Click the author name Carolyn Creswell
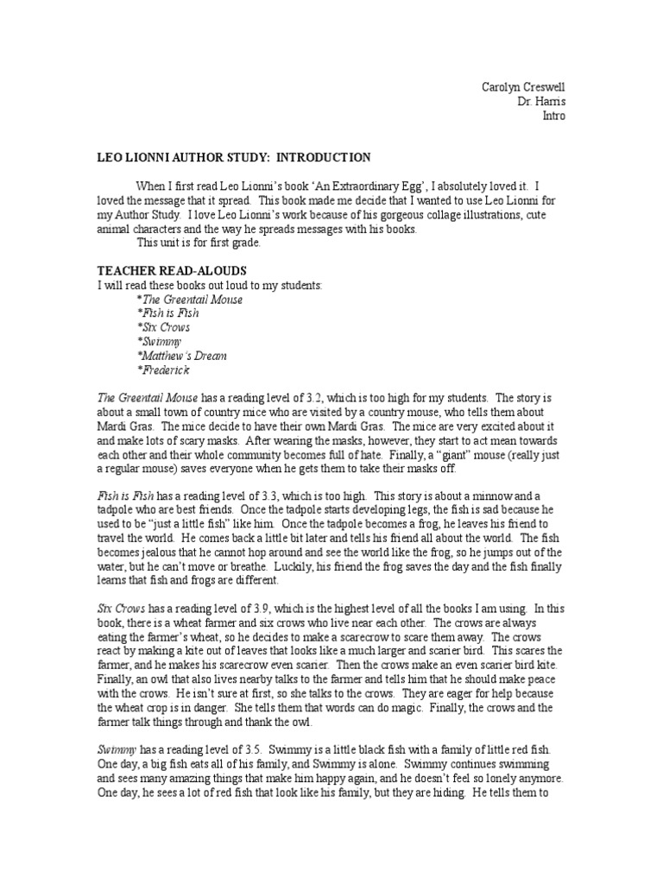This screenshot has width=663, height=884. pyautogui.click(x=523, y=88)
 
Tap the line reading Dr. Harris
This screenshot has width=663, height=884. pyautogui.click(x=541, y=102)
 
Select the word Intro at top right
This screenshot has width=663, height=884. pyautogui.click(x=553, y=116)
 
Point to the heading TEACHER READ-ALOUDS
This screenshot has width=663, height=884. pyautogui.click(x=172, y=270)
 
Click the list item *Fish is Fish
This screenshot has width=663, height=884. pyautogui.click(x=168, y=313)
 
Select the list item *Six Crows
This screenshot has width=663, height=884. pyautogui.click(x=163, y=327)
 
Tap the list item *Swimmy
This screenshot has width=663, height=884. pyautogui.click(x=159, y=342)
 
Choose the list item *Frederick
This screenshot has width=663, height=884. pyautogui.click(x=163, y=370)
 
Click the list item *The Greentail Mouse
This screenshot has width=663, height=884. pyautogui.click(x=190, y=299)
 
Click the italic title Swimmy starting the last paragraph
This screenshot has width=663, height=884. pyautogui.click(x=113, y=748)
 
